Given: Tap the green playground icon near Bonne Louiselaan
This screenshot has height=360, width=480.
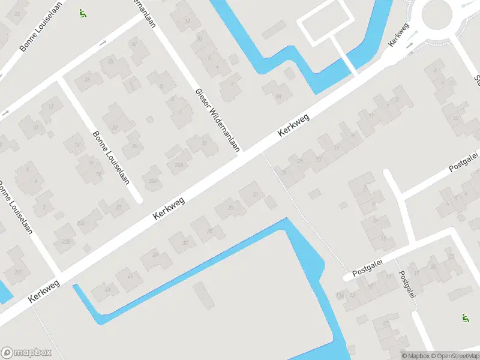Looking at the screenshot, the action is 82,13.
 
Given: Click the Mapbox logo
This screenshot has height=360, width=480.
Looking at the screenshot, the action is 26,353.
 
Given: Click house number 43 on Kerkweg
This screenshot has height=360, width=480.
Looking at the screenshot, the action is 108,290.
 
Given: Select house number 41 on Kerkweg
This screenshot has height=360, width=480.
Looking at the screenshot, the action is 130,275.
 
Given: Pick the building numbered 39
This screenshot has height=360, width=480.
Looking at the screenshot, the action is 155,256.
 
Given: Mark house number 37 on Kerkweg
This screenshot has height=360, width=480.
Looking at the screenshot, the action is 185,242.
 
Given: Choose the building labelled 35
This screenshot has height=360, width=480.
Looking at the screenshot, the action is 209,231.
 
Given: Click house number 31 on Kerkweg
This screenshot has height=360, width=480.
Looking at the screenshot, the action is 256,194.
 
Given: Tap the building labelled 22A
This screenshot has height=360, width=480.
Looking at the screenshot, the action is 82,223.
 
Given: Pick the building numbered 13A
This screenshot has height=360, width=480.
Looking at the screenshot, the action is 340,295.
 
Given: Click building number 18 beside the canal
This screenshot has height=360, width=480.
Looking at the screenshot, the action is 278,96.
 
